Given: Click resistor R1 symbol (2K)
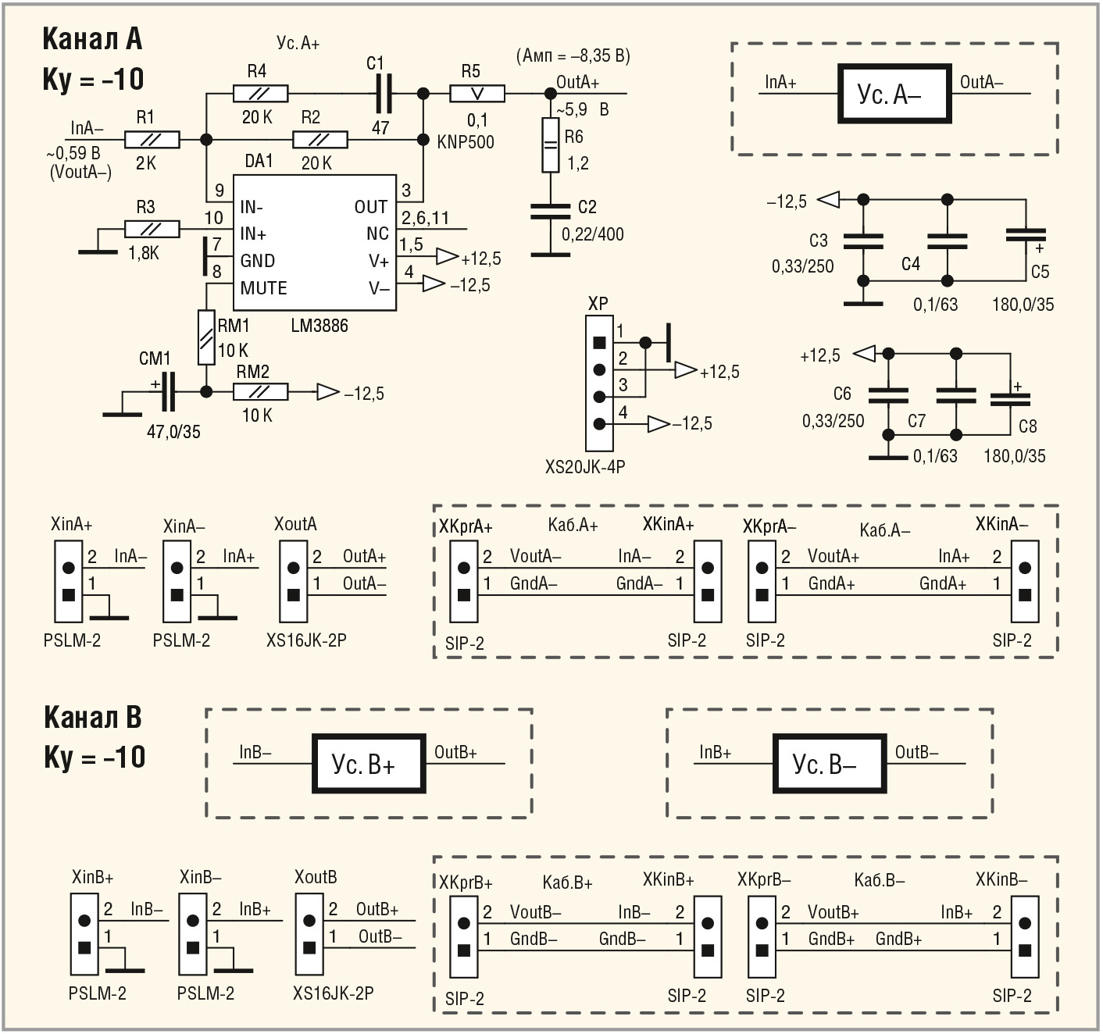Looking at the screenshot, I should coord(152,140).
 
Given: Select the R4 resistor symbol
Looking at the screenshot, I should coord(260,94).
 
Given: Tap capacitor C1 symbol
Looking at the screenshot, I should coord(383,94).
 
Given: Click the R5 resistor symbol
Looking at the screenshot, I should coord(477,94).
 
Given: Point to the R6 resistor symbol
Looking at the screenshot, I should coord(551,145).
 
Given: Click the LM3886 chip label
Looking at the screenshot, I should coord(319,326).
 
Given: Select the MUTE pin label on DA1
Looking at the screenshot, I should coord(263,288).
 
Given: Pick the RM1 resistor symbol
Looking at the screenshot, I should coord(206,337).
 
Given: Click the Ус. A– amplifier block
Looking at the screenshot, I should coord(894,94).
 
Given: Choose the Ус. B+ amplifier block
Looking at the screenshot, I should coord(369,763).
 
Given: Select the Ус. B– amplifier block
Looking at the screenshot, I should coord(829,763).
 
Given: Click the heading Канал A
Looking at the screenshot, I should coord(91,39).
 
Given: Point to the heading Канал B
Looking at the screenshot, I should coord(92,717).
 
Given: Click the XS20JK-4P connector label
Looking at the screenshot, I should coord(585,467).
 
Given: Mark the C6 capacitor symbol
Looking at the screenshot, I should coord(888,394).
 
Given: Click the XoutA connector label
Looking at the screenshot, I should coord(295,524).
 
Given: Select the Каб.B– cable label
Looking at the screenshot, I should coord(879,881).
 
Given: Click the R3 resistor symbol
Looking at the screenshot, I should coord(152,230).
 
